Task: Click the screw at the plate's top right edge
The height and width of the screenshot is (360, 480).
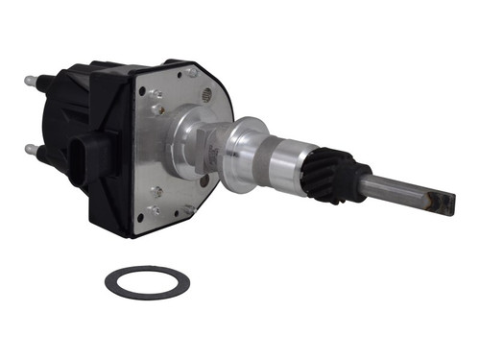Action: pos(193,73)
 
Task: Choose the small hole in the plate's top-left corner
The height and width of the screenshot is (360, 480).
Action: pos(141,92)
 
